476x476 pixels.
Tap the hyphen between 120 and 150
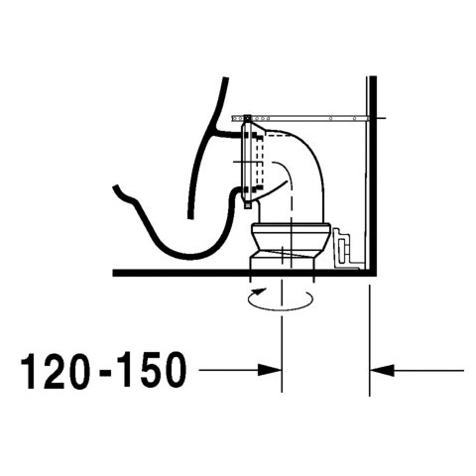(x=103, y=373)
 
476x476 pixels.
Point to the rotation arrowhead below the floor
(x=260, y=292)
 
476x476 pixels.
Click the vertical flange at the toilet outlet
(x=247, y=159)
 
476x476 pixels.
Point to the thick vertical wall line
(x=369, y=178)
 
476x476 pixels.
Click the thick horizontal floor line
(x=238, y=272)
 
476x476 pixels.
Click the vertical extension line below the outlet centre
(x=285, y=337)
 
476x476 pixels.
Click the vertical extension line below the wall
(x=370, y=337)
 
